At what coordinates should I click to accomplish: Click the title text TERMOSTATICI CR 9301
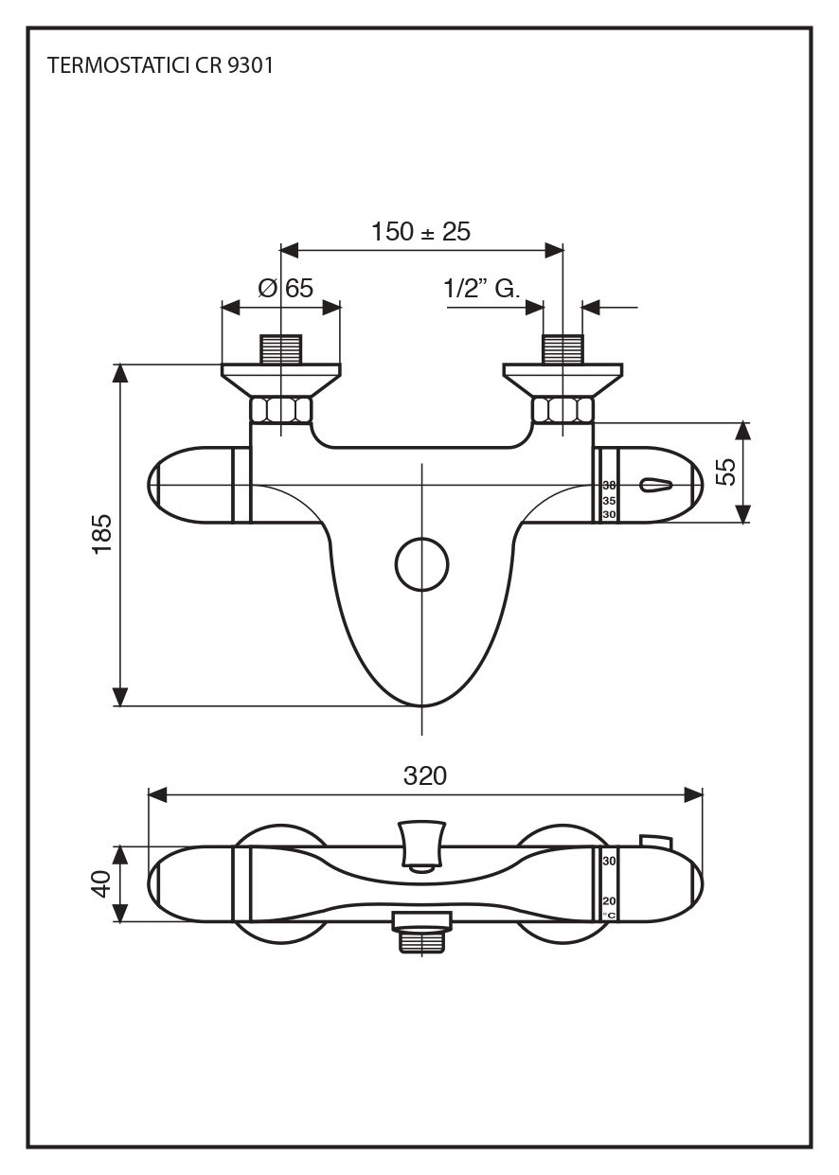point(160,66)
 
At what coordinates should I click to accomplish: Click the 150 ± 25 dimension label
point(420,231)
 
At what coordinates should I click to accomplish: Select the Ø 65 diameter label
point(285,288)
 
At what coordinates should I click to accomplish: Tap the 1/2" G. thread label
point(482,288)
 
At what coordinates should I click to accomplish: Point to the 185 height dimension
point(102,533)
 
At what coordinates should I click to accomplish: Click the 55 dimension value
point(725,472)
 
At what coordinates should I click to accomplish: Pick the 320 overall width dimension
point(425,775)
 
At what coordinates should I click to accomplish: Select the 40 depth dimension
point(102,883)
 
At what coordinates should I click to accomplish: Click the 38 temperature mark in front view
point(609,485)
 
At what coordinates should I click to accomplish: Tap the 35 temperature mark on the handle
point(609,501)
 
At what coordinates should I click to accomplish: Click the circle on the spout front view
point(421,564)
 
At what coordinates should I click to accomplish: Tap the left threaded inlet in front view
point(281,348)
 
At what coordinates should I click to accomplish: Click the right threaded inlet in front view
point(562,348)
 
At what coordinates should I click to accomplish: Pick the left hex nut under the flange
point(281,410)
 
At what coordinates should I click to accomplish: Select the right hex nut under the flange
point(562,410)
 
